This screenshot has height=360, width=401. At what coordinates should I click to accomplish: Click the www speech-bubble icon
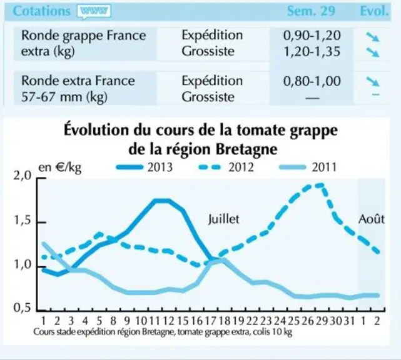click(x=94, y=12)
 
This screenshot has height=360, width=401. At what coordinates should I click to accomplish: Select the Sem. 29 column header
click(x=311, y=11)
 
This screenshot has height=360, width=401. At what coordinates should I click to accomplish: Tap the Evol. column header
click(x=374, y=11)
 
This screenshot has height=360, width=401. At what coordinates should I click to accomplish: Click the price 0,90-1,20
click(x=312, y=35)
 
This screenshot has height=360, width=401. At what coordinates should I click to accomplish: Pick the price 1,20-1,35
click(x=312, y=51)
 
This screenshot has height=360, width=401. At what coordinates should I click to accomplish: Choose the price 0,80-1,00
click(x=312, y=81)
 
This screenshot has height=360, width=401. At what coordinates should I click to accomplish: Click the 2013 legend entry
click(x=145, y=167)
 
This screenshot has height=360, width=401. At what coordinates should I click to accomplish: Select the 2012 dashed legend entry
click(x=226, y=167)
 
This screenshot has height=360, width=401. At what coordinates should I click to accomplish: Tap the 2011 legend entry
click(x=308, y=167)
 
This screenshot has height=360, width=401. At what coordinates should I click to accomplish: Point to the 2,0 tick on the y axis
click(x=23, y=176)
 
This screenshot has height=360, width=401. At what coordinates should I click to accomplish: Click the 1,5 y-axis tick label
click(x=23, y=221)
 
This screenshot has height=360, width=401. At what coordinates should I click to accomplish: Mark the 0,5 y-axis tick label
click(x=23, y=308)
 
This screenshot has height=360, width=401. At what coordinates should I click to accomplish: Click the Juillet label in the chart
click(x=224, y=219)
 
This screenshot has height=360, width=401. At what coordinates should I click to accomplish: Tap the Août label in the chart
click(x=372, y=219)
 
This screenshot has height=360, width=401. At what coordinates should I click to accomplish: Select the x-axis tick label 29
click(x=322, y=321)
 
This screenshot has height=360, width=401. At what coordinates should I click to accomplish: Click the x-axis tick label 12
click(x=168, y=321)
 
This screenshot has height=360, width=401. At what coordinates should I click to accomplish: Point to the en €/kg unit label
click(x=60, y=168)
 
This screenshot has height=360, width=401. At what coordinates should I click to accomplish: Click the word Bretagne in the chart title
click(x=246, y=149)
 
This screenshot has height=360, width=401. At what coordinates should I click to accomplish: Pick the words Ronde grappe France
click(x=84, y=36)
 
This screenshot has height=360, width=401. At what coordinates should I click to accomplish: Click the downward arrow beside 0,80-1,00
click(x=373, y=82)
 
